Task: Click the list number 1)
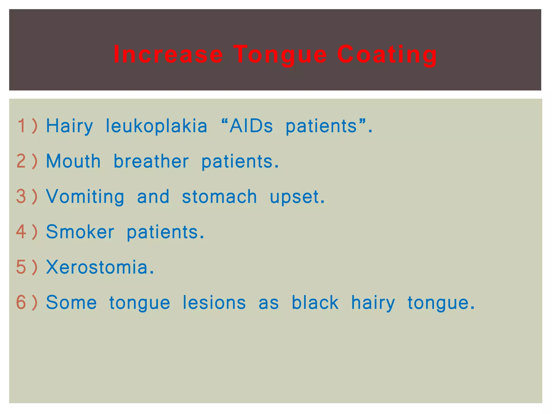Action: tap(27, 126)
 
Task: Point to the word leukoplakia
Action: tap(156, 126)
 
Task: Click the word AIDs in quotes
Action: tap(251, 126)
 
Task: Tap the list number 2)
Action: tap(27, 161)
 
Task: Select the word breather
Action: tap(151, 161)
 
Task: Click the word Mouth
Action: tap(73, 161)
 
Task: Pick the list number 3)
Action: tap(27, 196)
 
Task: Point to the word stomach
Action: tap(219, 196)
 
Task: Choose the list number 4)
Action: tap(27, 232)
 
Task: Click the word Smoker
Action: tap(80, 232)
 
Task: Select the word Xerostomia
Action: tap(100, 267)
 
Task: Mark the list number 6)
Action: tap(27, 302)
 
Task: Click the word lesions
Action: tap(214, 302)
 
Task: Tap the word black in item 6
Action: tap(315, 302)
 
